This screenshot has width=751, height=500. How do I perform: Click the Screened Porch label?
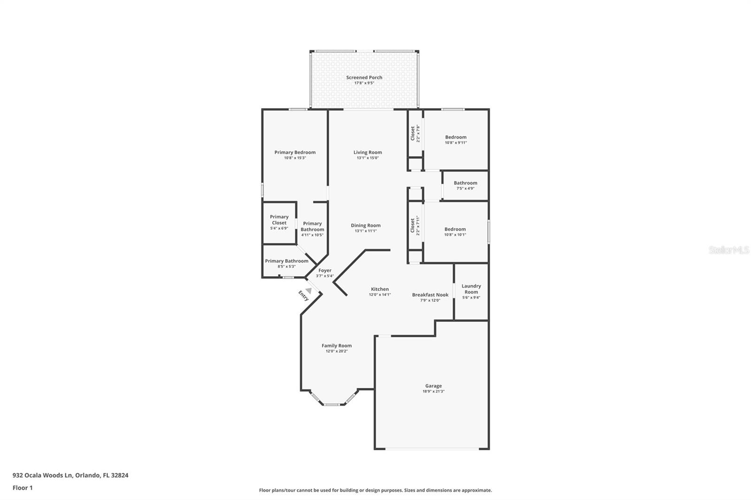tap(364, 77)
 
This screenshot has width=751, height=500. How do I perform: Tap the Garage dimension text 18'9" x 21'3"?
tap(433, 391)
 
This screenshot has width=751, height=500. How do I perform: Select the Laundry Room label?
tap(471, 289)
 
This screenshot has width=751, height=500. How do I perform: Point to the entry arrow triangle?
tap(308, 291)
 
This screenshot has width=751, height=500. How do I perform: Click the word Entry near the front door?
tap(303, 295)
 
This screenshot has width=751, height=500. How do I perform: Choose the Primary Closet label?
tap(279, 220)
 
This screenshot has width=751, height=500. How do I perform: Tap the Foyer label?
tap(325, 271)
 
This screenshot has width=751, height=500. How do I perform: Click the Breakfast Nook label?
tap(430, 295)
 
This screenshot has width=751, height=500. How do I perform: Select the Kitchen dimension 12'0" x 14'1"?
tap(380, 295)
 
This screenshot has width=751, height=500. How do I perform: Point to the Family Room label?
tap(337, 346)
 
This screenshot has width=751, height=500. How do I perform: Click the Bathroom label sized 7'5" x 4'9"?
tap(465, 183)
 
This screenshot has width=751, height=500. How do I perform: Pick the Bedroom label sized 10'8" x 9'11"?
tap(456, 137)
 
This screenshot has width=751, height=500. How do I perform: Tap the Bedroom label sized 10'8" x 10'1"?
tap(455, 229)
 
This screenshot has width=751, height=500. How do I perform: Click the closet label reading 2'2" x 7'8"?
tap(415, 133)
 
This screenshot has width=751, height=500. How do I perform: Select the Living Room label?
tap(368, 152)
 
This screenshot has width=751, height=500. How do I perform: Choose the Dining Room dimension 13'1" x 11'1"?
tap(366, 231)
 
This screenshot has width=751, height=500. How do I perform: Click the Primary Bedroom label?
tap(295, 152)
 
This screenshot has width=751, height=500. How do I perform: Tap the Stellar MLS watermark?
tap(728, 250)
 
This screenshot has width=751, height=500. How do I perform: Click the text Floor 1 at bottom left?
tap(23, 488)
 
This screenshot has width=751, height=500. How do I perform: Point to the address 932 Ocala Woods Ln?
tap(42, 475)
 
